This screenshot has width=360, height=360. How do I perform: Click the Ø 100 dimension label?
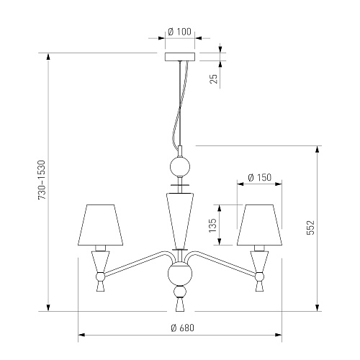click(180, 32)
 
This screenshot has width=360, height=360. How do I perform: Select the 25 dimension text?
click(214, 78)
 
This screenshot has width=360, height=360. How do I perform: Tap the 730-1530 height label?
click(42, 180)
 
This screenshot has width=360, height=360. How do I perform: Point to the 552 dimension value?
click(310, 228)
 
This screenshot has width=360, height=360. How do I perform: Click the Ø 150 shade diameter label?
click(260, 178)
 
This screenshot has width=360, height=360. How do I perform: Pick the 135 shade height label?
click(212, 225)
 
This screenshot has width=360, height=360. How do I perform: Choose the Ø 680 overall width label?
click(183, 328)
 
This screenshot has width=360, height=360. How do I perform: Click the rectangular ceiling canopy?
click(180, 57)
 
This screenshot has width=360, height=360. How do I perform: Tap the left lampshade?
click(101, 225)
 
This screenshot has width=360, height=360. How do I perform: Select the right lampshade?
click(259, 225)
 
